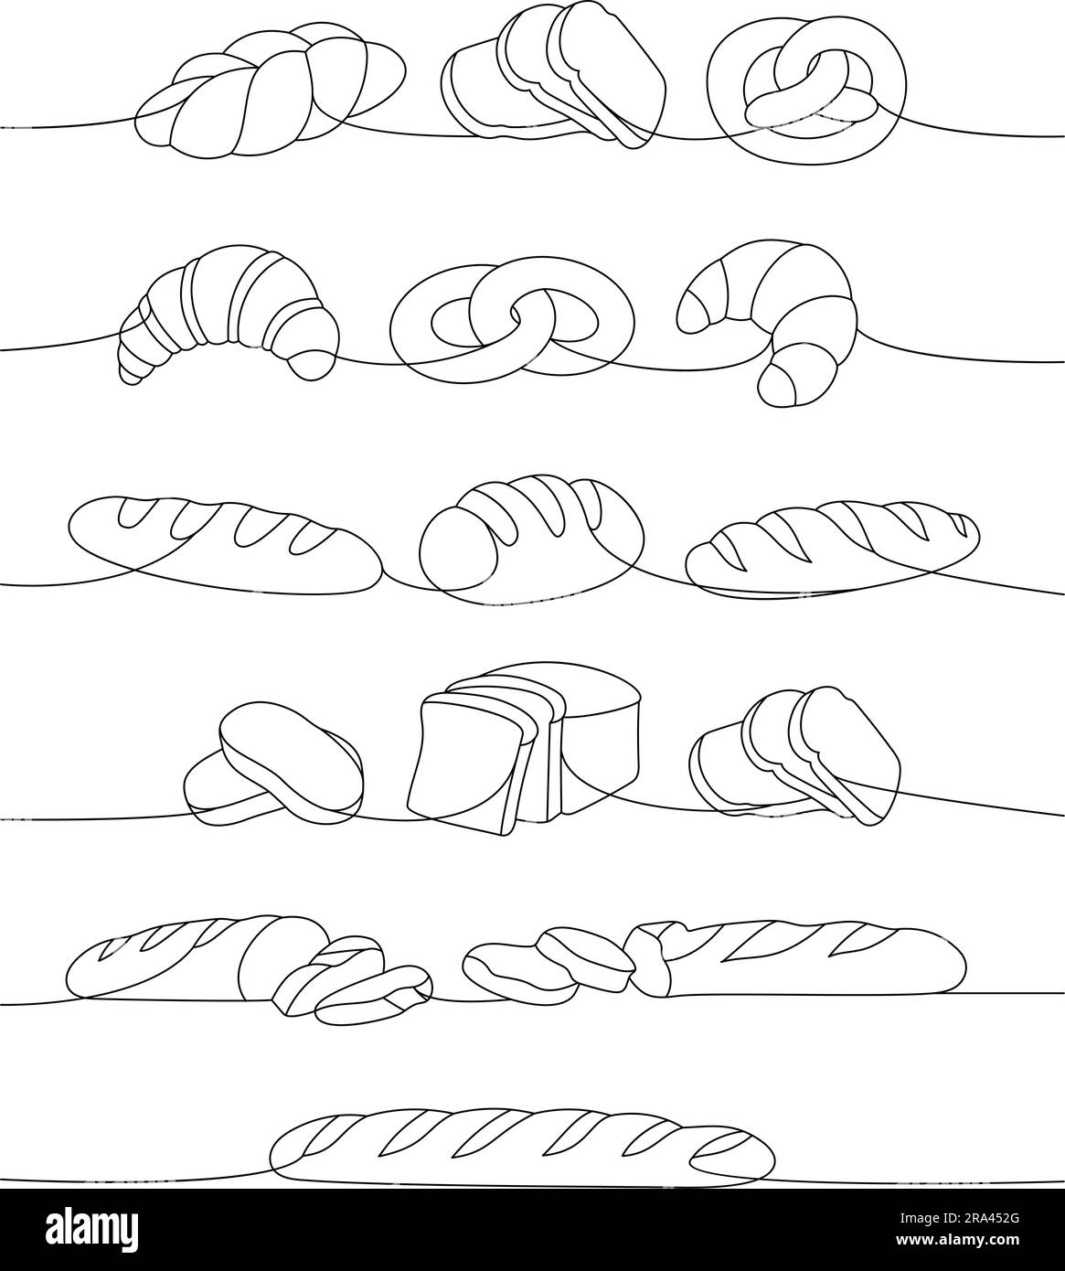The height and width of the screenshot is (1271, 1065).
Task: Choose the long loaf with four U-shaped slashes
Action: tap(224, 539)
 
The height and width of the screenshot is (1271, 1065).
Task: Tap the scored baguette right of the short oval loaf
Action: tap(832, 547)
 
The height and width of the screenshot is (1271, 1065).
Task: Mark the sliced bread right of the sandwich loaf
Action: tap(795, 754)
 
